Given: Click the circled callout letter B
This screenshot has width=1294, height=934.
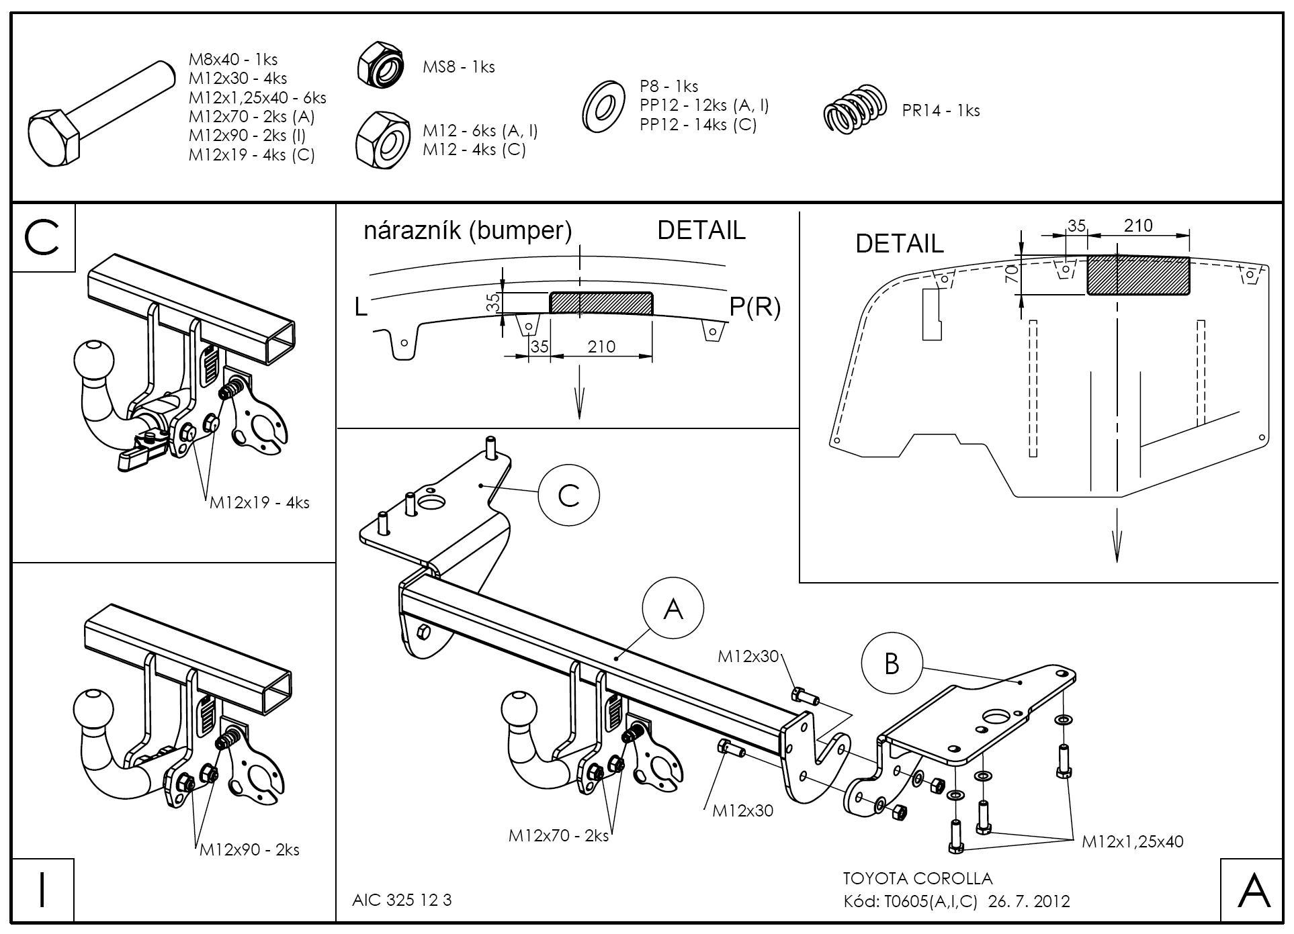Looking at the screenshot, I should point(891,663).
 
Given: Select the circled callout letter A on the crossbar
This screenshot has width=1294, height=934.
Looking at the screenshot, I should point(673,609).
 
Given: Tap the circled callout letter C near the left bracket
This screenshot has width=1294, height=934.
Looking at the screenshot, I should point(568,496).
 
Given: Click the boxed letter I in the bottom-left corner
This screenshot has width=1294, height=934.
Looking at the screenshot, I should point(42,890).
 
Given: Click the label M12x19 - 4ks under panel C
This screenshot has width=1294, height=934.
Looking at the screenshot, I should point(259,502).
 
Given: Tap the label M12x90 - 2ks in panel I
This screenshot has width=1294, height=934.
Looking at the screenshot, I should point(249,849).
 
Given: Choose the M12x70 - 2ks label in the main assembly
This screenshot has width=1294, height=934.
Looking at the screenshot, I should point(558,835).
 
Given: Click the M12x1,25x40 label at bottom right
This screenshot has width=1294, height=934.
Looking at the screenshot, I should point(1132,841).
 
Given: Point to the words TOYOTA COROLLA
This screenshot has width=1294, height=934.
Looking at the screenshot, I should point(917,878).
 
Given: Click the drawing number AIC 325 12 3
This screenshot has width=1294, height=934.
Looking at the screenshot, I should point(402,900).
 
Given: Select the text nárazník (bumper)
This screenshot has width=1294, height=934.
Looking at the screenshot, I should point(468,230).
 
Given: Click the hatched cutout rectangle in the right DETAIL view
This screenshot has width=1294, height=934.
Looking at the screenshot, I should point(1138,275).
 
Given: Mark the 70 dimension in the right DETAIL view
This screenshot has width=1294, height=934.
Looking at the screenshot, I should point(1013,274).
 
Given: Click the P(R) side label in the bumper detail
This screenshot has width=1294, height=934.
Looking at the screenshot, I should point(754,307).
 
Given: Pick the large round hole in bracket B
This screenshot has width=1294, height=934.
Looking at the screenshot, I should point(995,717).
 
